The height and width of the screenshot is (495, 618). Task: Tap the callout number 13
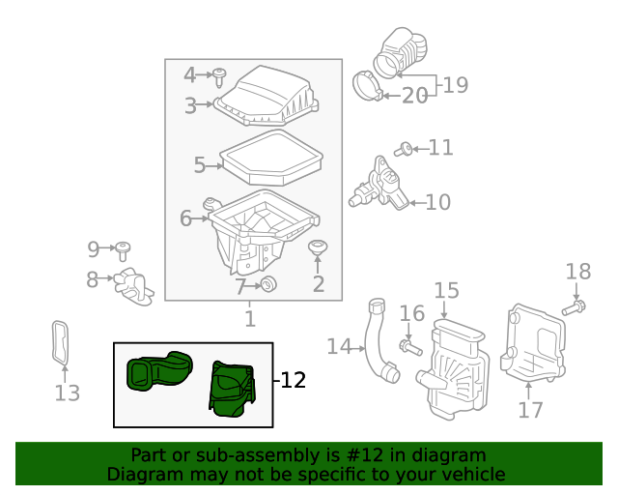coord(67,393)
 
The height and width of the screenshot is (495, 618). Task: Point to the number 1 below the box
coord(249,318)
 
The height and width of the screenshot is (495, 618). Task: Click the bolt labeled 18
coord(573,308)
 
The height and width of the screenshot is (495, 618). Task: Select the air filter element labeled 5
coord(269,160)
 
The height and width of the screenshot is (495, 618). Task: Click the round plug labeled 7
coord(269,283)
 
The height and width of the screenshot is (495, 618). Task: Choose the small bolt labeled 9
coord(124,251)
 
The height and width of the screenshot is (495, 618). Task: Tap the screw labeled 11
coord(406,148)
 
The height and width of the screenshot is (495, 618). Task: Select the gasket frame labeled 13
coord(62,343)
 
